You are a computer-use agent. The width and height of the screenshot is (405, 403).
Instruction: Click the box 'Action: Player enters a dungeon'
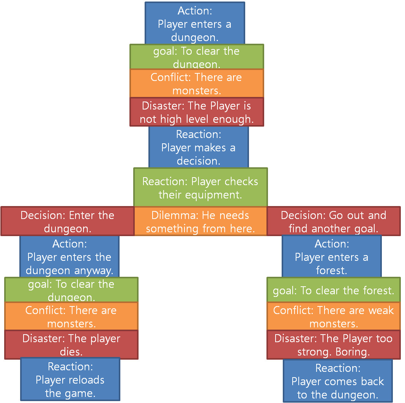click(195, 24)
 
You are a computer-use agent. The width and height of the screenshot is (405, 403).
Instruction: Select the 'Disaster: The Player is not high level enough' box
click(197, 112)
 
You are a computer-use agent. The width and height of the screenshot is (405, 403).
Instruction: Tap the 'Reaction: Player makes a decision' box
click(198, 148)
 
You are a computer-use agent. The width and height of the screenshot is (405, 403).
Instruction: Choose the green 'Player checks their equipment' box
click(200, 188)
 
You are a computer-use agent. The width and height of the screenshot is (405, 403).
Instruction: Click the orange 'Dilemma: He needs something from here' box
click(200, 222)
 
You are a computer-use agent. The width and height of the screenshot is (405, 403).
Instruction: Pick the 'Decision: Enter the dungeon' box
click(67, 222)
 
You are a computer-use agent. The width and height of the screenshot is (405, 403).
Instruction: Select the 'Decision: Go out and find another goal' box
click(333, 222)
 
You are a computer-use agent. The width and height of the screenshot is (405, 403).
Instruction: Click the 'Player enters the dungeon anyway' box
click(69, 257)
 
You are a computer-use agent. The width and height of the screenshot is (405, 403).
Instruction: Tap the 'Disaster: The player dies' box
click(71, 345)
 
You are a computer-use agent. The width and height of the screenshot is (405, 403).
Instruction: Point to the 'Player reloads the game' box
click(70, 379)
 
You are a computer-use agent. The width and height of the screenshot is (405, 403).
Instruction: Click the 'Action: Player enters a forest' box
click(331, 257)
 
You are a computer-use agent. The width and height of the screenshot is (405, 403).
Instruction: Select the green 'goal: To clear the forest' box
click(333, 291)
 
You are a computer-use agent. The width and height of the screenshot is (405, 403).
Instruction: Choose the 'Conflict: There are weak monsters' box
click(333, 317)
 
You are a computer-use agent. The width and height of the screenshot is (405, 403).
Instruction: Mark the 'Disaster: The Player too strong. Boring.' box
click(333, 345)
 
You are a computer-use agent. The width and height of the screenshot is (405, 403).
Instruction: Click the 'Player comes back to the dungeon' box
click(337, 381)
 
